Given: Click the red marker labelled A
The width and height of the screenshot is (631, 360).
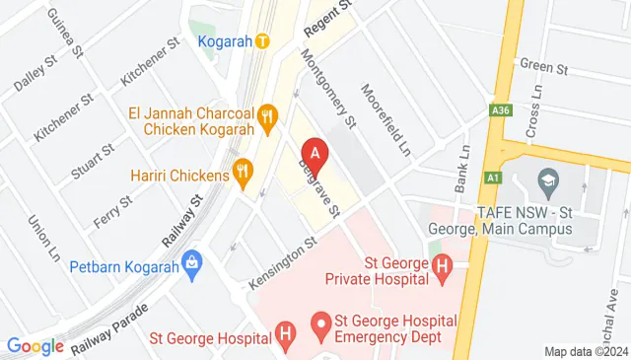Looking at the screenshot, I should click(315, 154).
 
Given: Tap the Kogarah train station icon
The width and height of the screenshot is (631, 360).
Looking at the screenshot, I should click(262, 41).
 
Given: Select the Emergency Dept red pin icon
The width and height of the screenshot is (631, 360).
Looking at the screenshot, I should click(319, 324).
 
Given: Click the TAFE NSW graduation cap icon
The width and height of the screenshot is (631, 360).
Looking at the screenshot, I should click(547, 181).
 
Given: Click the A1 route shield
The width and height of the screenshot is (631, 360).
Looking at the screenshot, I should click(492, 178).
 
